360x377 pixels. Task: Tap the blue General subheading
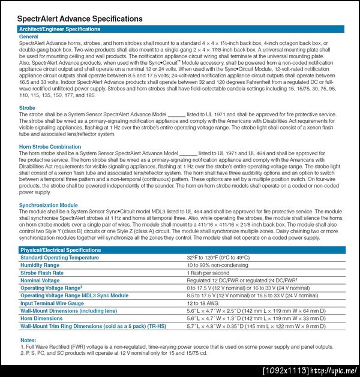[x=29, y=37]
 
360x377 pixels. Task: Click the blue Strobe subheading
[x=28, y=108]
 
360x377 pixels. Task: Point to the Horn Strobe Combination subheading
[x=50, y=147]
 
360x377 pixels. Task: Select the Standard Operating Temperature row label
[x=59, y=258]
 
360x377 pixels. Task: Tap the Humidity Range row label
[x=40, y=265]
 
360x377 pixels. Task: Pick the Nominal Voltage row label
[x=40, y=281]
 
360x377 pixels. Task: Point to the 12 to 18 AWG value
[x=205, y=303]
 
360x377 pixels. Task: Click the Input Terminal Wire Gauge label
[x=52, y=303]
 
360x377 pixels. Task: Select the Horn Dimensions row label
[x=41, y=319]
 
